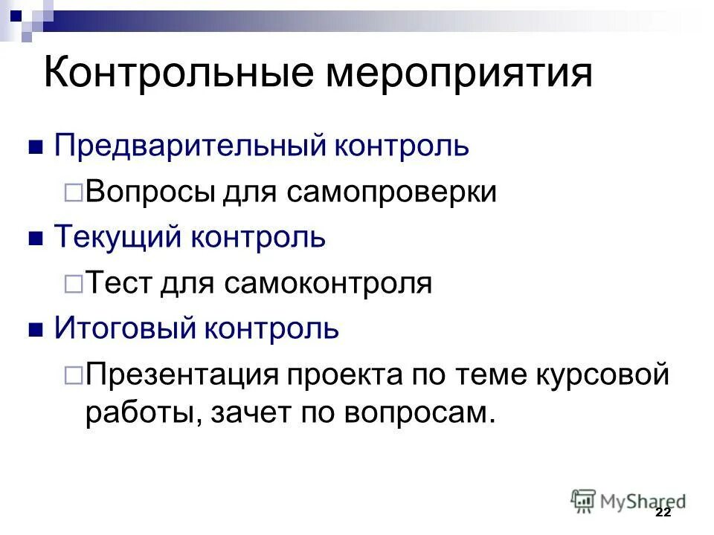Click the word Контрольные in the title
pos(177,75)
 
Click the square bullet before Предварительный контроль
pos(34,146)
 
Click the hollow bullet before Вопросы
pos(74,192)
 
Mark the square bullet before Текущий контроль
pos(34,238)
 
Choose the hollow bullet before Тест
pos(74,283)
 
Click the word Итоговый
pos(123,328)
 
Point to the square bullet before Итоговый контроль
pos(34,328)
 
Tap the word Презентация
pos(179,374)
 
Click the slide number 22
pos(663,513)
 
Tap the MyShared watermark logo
pos(628,500)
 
